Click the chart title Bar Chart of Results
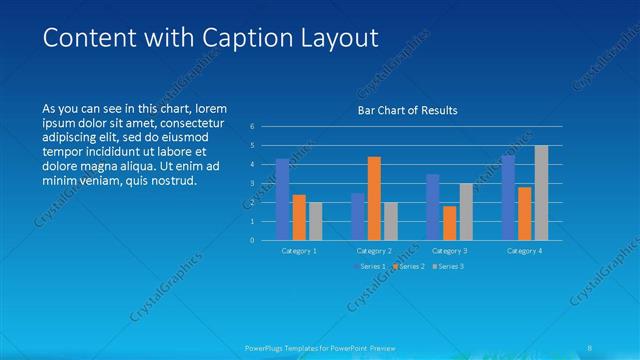click(x=408, y=110)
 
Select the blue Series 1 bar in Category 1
click(x=283, y=199)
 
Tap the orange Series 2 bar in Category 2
click(x=374, y=198)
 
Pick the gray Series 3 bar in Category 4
click(x=541, y=192)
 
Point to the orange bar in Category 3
click(x=449, y=222)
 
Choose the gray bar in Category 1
click(x=316, y=220)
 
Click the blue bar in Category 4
click(x=508, y=197)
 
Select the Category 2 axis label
click(x=374, y=251)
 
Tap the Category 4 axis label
click(x=524, y=251)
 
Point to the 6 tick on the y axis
click(x=253, y=126)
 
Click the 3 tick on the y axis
click(x=253, y=183)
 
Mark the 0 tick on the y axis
click(x=253, y=240)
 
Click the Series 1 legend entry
click(x=369, y=266)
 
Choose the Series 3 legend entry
click(x=448, y=266)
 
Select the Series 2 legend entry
click(x=409, y=266)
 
